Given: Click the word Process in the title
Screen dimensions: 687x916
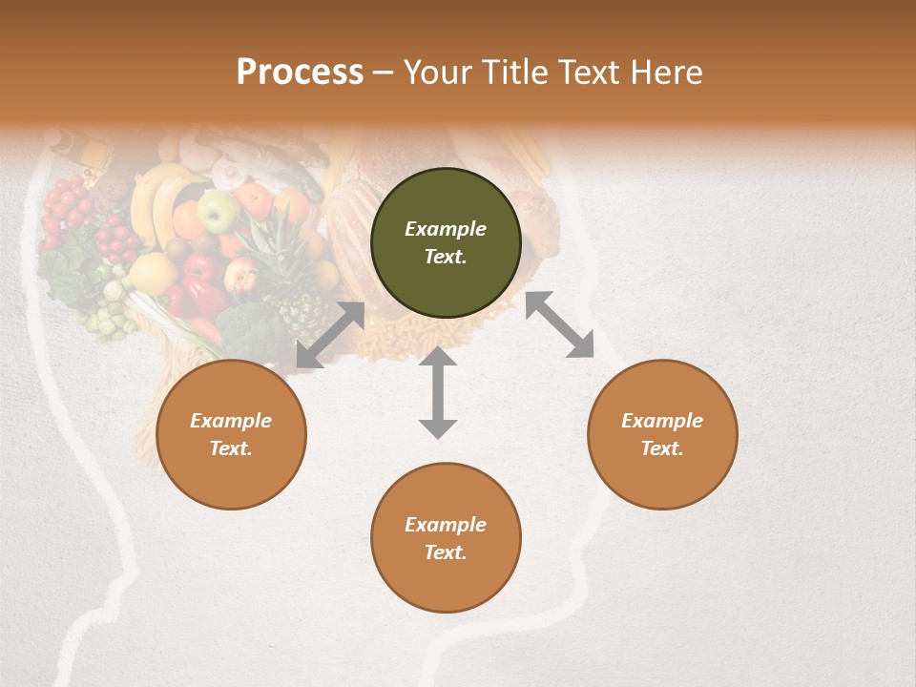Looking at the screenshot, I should (300, 73).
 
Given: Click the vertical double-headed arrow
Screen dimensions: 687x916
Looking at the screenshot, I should (438, 392).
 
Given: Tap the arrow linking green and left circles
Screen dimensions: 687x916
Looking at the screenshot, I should (330, 335).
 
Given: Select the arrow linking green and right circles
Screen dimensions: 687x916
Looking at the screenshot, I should (559, 324).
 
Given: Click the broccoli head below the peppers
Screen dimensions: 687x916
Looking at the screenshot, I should (250, 329).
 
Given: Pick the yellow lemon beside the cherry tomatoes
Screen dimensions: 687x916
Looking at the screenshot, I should (153, 273).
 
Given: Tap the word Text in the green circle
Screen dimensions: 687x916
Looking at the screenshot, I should (446, 257).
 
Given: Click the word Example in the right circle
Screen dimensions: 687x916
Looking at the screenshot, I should (662, 421).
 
